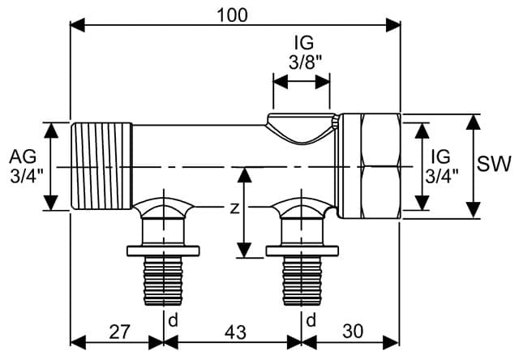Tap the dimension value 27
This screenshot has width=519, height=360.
[119, 332]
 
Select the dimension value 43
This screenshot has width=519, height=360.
[234, 332]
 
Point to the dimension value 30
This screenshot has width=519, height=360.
[354, 332]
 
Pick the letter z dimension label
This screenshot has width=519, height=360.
[234, 208]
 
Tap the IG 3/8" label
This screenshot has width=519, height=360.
[302, 50]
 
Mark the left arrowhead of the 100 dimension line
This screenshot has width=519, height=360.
[75, 24]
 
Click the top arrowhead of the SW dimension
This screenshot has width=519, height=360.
[473, 118]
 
